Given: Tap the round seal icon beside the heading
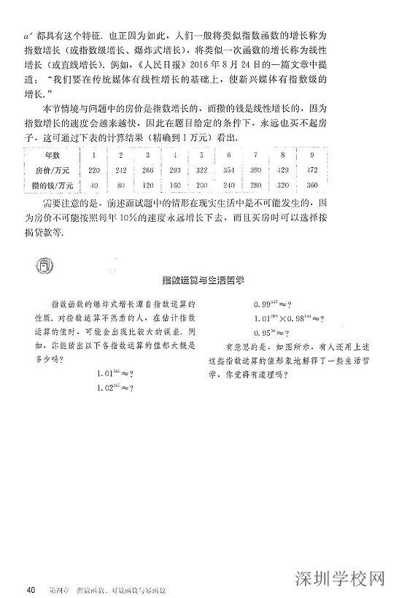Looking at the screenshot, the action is pyautogui.click(x=44, y=264).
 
